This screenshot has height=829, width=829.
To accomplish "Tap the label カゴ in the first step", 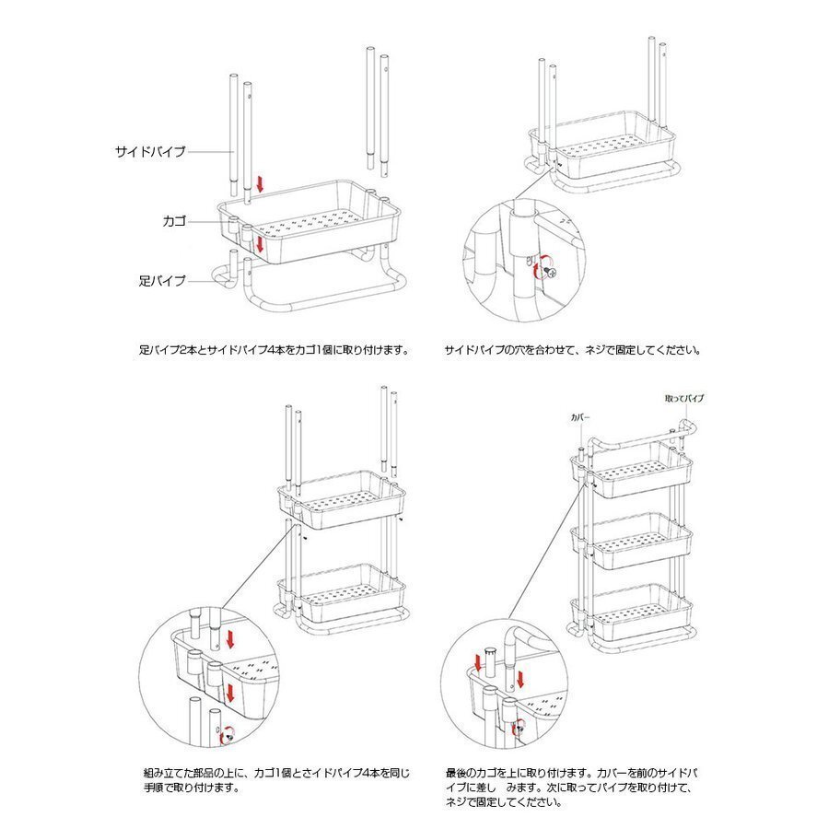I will pyautogui.click(x=174, y=221).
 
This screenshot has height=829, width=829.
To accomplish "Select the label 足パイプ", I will pyautogui.click(x=162, y=280).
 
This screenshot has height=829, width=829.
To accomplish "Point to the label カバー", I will pyautogui.click(x=580, y=417).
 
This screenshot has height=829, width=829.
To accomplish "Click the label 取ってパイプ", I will pyautogui.click(x=684, y=398).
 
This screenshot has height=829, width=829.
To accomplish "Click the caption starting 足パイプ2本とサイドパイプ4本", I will pyautogui.click(x=273, y=350).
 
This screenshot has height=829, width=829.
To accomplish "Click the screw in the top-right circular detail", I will pyautogui.click(x=551, y=271).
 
